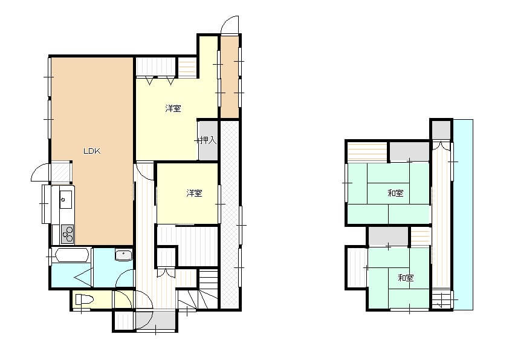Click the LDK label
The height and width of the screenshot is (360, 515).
(x=92, y=151)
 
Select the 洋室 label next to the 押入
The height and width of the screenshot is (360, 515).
(x=173, y=108)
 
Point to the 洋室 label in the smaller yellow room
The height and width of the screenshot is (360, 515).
(x=194, y=193)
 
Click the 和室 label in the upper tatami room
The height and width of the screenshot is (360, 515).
(x=395, y=193)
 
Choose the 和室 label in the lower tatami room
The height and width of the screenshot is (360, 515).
(x=406, y=278)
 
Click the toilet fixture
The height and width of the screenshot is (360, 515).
(x=85, y=299)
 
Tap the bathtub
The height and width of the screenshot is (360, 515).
(x=72, y=255)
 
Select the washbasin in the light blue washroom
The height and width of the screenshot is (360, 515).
(x=123, y=255)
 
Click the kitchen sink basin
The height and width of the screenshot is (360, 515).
(x=66, y=199)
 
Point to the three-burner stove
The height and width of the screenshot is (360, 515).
(x=68, y=234)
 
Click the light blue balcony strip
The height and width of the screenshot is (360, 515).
(x=463, y=214)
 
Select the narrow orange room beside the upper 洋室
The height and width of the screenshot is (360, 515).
(x=230, y=77)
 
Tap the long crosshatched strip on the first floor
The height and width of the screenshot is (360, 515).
(x=230, y=214)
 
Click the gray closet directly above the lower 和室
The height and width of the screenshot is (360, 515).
(x=388, y=236)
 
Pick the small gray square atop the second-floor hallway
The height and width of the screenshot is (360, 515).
(x=441, y=130)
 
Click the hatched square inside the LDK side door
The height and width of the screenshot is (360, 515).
(x=61, y=172)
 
